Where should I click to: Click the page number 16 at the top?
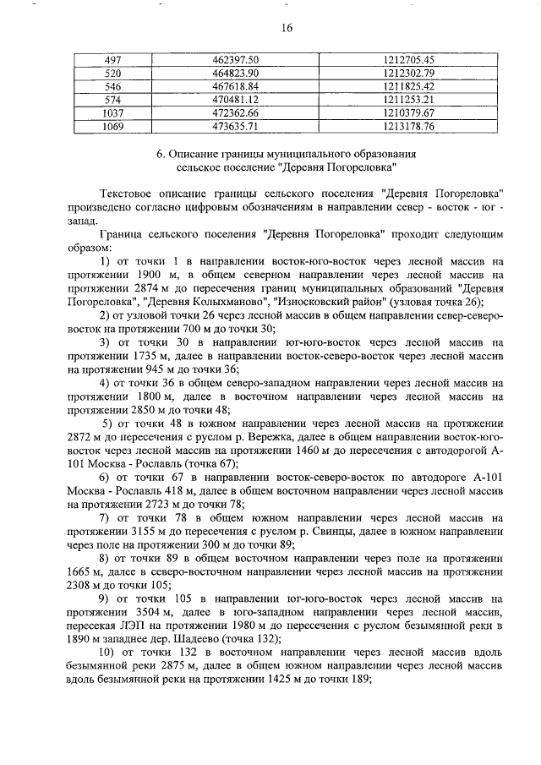point(287,28)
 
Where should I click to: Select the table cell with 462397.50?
point(235,60)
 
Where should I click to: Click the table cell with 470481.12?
point(235,100)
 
